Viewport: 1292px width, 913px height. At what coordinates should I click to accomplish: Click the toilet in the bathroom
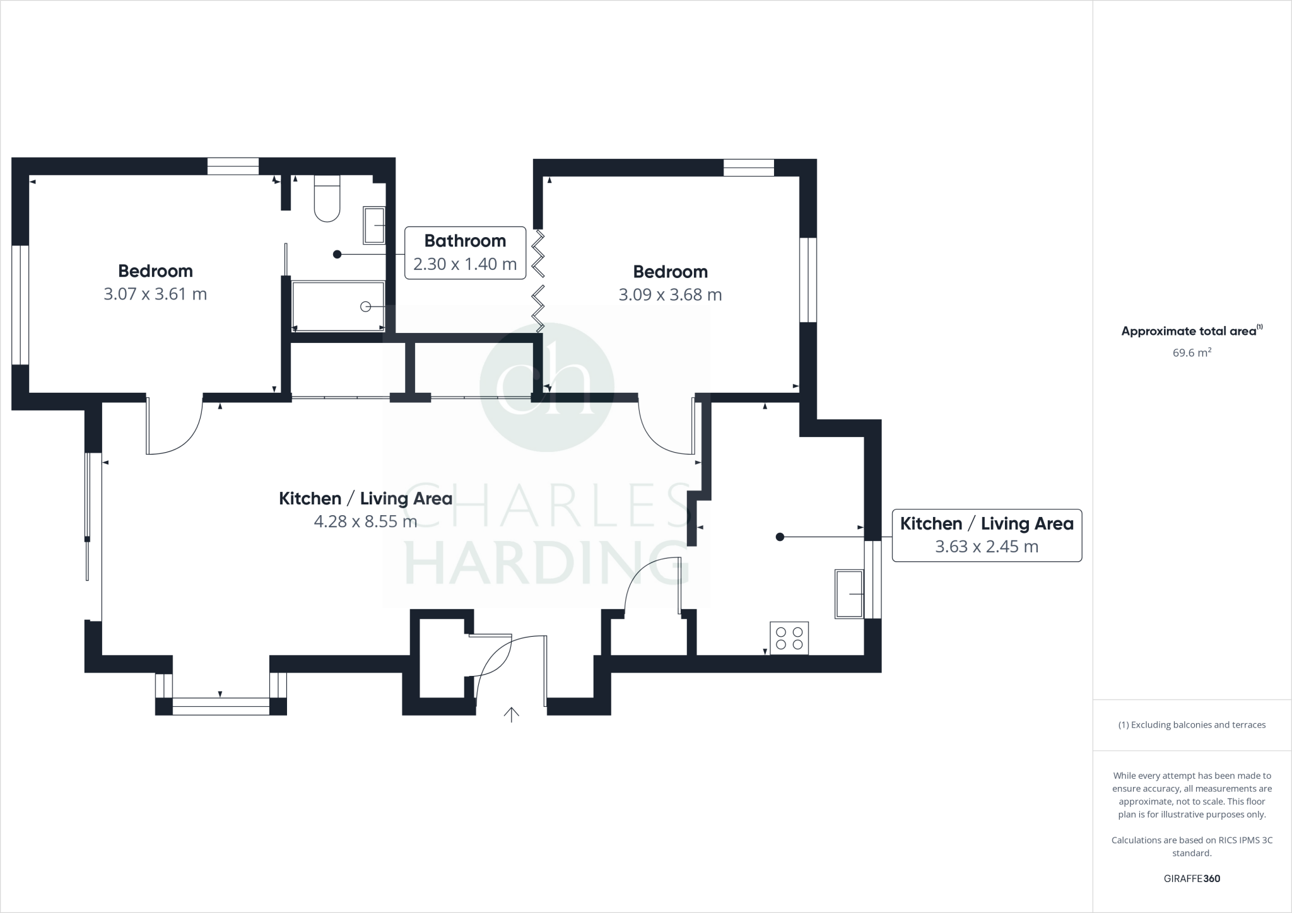point(327,199)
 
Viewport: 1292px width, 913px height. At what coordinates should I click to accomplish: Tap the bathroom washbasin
point(374,225)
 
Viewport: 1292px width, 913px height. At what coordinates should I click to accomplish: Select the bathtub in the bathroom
point(338,306)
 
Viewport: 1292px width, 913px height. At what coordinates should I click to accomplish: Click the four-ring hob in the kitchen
point(789,638)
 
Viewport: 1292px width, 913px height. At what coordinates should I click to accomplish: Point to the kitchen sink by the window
point(849,593)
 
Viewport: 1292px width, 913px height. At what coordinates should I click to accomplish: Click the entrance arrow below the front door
point(511,714)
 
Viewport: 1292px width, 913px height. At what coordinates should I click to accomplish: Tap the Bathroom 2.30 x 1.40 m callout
point(465,252)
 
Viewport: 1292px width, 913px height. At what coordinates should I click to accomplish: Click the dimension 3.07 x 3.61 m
point(155,294)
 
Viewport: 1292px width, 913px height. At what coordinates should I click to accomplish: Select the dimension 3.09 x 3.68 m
point(670,295)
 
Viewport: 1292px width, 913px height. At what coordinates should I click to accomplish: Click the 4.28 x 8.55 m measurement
point(365,521)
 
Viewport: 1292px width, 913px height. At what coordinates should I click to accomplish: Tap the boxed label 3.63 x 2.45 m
point(986,547)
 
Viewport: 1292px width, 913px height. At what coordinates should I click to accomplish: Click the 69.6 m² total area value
point(1192,353)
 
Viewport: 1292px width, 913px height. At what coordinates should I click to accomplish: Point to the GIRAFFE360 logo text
point(1192,878)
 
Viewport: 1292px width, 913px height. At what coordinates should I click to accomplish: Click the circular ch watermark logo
point(546,386)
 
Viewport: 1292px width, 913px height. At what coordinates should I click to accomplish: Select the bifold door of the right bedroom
point(538,281)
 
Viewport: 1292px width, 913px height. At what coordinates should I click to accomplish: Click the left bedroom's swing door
point(173,426)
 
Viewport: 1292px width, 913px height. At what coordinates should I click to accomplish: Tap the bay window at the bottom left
point(221,706)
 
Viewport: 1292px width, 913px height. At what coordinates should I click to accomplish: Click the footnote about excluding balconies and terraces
point(1192,725)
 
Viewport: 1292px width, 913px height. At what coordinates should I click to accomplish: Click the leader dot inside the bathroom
point(337,254)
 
